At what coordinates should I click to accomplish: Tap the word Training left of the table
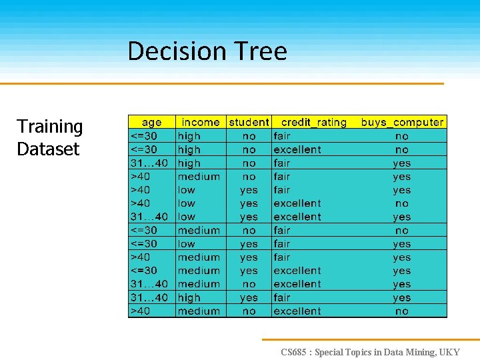click(x=50, y=127)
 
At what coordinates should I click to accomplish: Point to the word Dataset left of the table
click(x=48, y=149)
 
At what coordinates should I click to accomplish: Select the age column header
click(x=152, y=122)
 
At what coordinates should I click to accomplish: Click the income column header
click(x=201, y=122)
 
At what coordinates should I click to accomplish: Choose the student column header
click(x=249, y=122)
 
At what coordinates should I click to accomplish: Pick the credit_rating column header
click(x=314, y=122)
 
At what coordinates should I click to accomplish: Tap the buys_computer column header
click(x=402, y=122)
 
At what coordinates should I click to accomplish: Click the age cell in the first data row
click(x=144, y=136)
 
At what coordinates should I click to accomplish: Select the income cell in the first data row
click(x=189, y=136)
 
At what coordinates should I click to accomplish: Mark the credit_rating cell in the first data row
click(x=282, y=136)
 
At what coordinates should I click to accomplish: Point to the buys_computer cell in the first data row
click(x=402, y=136)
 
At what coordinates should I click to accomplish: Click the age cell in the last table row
click(x=141, y=311)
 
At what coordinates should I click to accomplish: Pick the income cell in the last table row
click(x=199, y=311)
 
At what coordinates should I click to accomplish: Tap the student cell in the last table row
click(x=249, y=311)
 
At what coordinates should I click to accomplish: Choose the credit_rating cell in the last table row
click(x=297, y=311)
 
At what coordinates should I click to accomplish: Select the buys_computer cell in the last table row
click(x=402, y=311)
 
